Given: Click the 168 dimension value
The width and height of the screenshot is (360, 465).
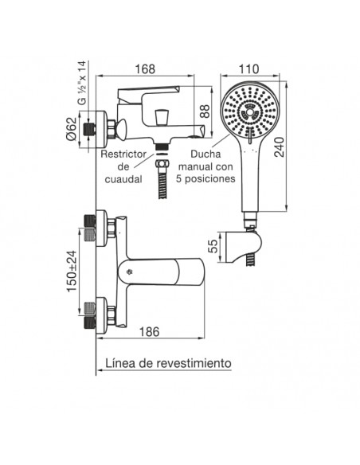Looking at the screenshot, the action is [x=145, y=68].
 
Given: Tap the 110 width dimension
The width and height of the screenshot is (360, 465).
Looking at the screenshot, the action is [x=248, y=68].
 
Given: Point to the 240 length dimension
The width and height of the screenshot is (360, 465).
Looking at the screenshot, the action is [x=279, y=147].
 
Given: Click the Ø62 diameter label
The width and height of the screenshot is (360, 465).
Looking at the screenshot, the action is [x=71, y=129].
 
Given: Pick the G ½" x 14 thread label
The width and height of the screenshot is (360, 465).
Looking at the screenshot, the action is [x=82, y=83].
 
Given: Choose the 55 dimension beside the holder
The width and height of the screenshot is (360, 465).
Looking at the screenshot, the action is [x=213, y=246].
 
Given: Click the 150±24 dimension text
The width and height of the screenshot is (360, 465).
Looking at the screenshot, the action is [x=72, y=272].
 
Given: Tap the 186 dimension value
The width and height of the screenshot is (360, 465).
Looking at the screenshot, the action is [x=149, y=331].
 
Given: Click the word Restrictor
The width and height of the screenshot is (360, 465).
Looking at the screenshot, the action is [x=123, y=154].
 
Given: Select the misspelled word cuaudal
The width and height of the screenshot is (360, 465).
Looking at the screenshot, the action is [x=123, y=179].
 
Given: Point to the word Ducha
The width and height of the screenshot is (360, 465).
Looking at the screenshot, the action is [x=205, y=154].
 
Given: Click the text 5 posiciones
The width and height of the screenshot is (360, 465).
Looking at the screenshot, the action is [x=205, y=179].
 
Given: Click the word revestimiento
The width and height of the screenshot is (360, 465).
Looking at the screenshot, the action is [x=194, y=363].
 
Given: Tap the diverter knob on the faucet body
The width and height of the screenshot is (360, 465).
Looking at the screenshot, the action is [x=162, y=116].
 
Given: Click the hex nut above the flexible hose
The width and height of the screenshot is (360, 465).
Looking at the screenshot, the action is [x=162, y=164].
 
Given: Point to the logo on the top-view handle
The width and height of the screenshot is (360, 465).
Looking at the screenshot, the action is [x=129, y=271].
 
